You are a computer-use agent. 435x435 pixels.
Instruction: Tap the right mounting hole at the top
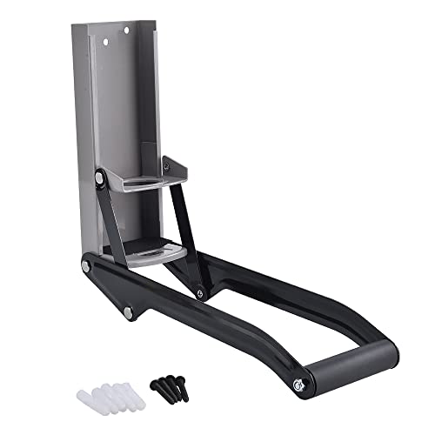(126, 33)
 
